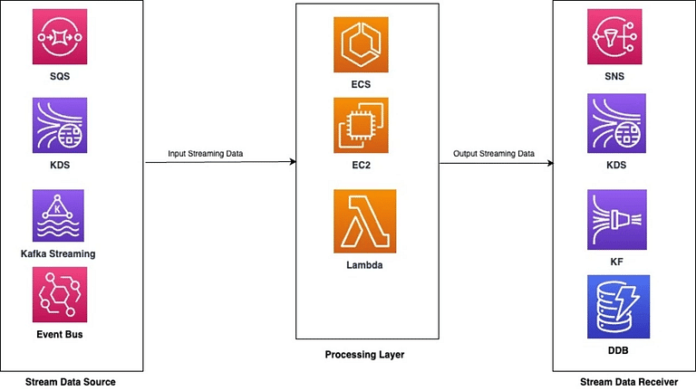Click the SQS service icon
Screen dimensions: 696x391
pyautogui.click(x=60, y=37)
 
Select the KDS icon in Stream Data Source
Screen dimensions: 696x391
pyautogui.click(x=60, y=126)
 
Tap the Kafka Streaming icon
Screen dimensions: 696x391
pyautogui.click(x=58, y=215)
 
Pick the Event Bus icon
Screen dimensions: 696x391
pyautogui.click(x=60, y=294)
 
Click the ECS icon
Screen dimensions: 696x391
pyautogui.click(x=361, y=44)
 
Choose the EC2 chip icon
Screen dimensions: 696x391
pyautogui.click(x=361, y=126)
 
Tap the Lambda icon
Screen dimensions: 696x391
pyautogui.click(x=365, y=221)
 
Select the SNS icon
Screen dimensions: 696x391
pyautogui.click(x=614, y=37)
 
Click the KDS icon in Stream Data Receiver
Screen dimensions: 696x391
pyautogui.click(x=616, y=123)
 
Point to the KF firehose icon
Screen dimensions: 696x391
pyautogui.click(x=617, y=220)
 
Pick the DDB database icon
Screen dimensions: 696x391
pyautogui.click(x=618, y=307)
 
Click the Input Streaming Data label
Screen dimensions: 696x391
pyautogui.click(x=205, y=154)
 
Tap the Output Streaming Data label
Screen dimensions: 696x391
pyautogui.click(x=494, y=154)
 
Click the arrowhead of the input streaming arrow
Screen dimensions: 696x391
pyautogui.click(x=294, y=161)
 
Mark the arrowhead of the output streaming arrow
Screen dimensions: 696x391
pyautogui.click(x=551, y=163)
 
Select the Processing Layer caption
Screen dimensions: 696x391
pyautogui.click(x=364, y=355)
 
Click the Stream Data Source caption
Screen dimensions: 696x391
pyautogui.click(x=70, y=382)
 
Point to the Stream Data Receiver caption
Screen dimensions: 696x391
pyautogui.click(x=629, y=382)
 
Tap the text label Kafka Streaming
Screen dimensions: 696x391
pyautogui.click(x=58, y=254)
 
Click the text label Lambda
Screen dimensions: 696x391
pyautogui.click(x=364, y=265)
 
